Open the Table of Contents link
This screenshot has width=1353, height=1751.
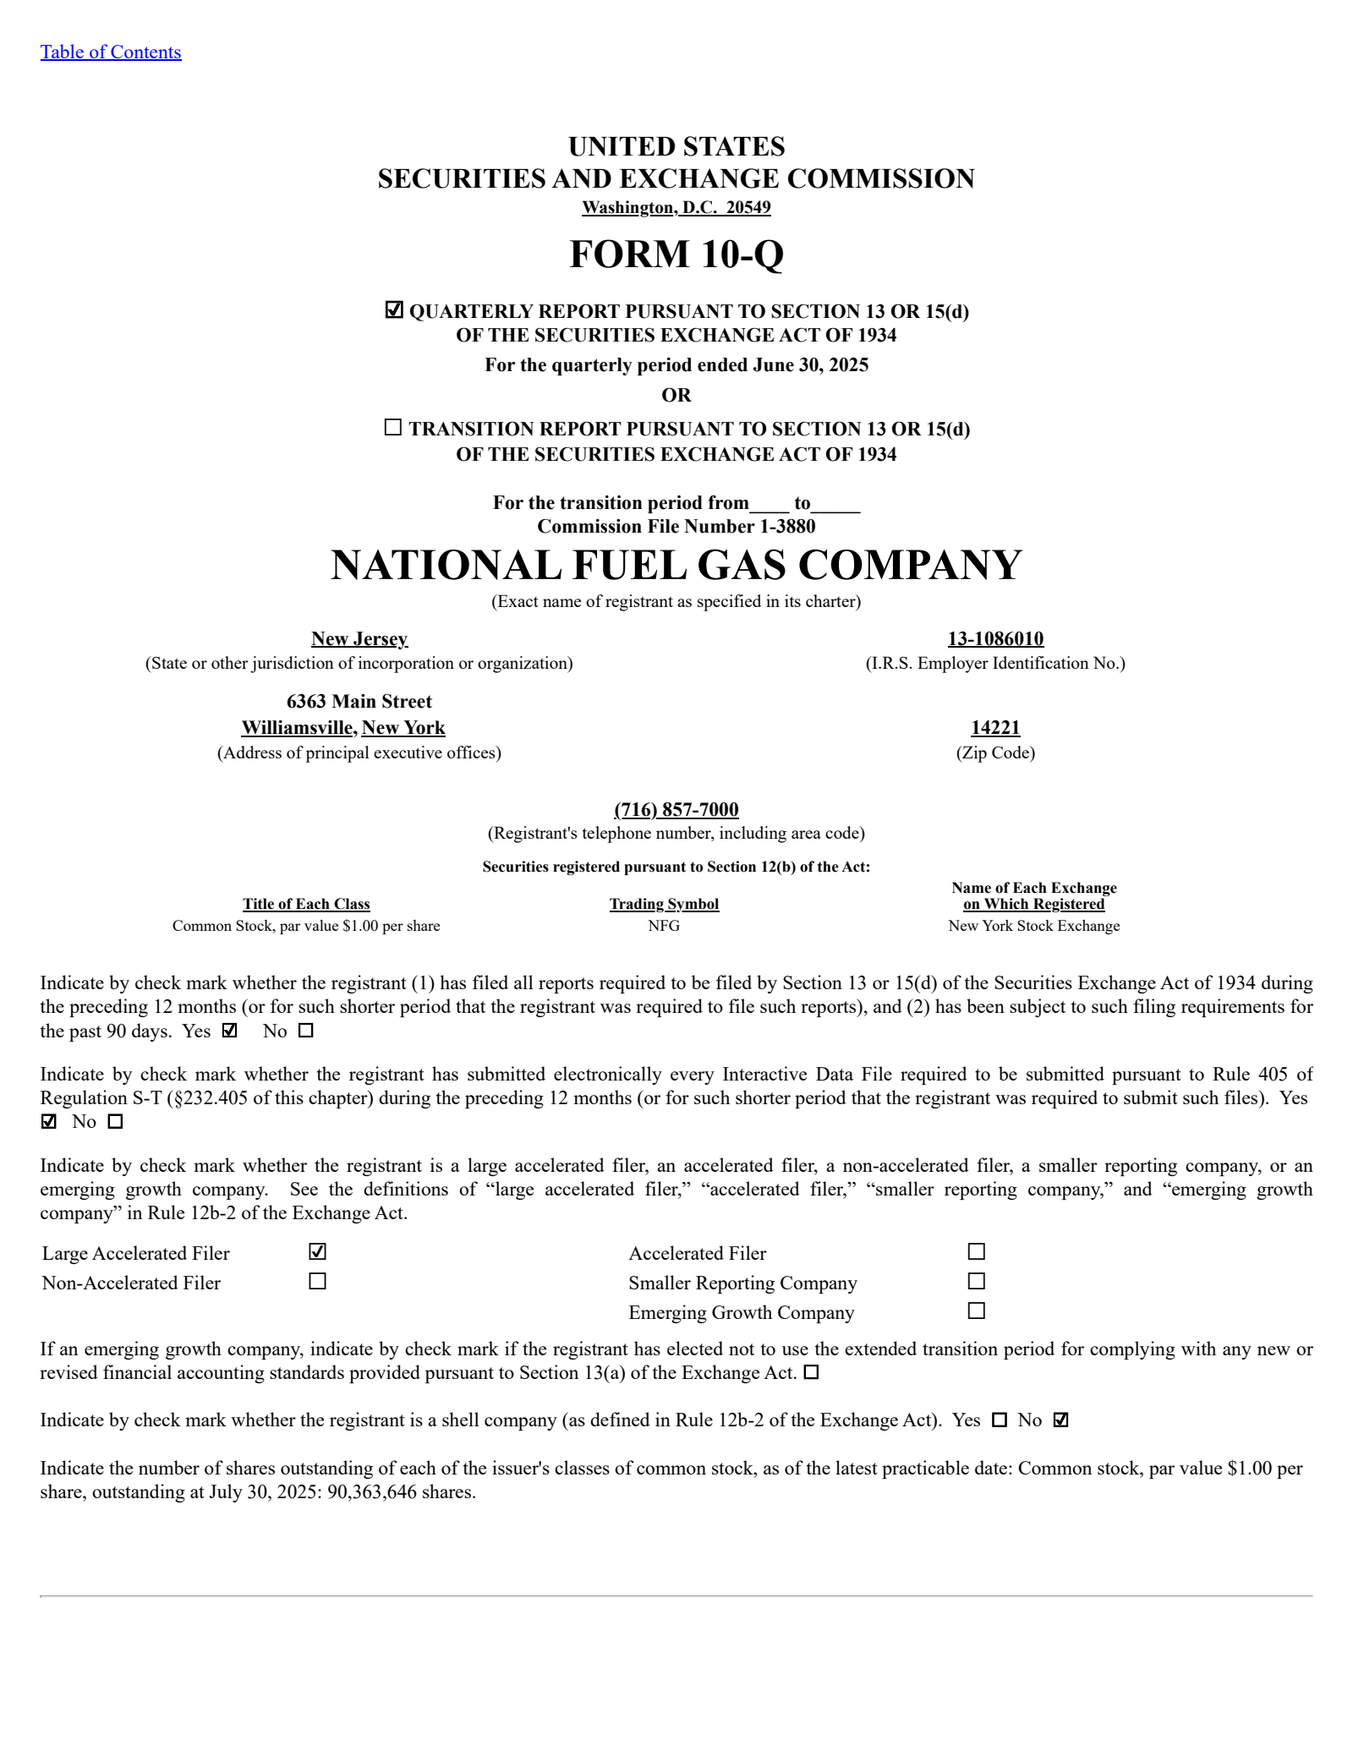pos(110,52)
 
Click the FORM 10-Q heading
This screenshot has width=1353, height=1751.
pos(676,254)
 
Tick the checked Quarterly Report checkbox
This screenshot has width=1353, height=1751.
pos(394,310)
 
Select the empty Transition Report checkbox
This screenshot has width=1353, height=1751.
pos(393,428)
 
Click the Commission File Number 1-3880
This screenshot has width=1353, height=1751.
pos(676,527)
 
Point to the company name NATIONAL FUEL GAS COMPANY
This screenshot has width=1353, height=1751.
pos(676,565)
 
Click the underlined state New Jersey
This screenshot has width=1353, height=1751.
pos(359,639)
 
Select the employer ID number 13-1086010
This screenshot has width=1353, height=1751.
pos(995,639)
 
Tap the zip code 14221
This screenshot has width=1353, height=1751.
pos(995,728)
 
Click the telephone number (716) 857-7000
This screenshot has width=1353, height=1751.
pos(676,810)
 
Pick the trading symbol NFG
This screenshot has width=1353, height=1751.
pos(664,926)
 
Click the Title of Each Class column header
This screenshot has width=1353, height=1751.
pos(306,905)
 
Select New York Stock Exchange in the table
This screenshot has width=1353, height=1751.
pos(1033,926)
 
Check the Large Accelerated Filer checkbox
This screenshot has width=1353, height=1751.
pos(318,1251)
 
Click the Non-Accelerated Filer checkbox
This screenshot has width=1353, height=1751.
pos(318,1282)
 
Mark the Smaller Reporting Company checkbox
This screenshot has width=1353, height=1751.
pos(977,1282)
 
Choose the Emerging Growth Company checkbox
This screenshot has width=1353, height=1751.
pos(977,1311)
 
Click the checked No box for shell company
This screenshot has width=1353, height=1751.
pos(1061,1420)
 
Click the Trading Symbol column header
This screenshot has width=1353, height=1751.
pos(664,905)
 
